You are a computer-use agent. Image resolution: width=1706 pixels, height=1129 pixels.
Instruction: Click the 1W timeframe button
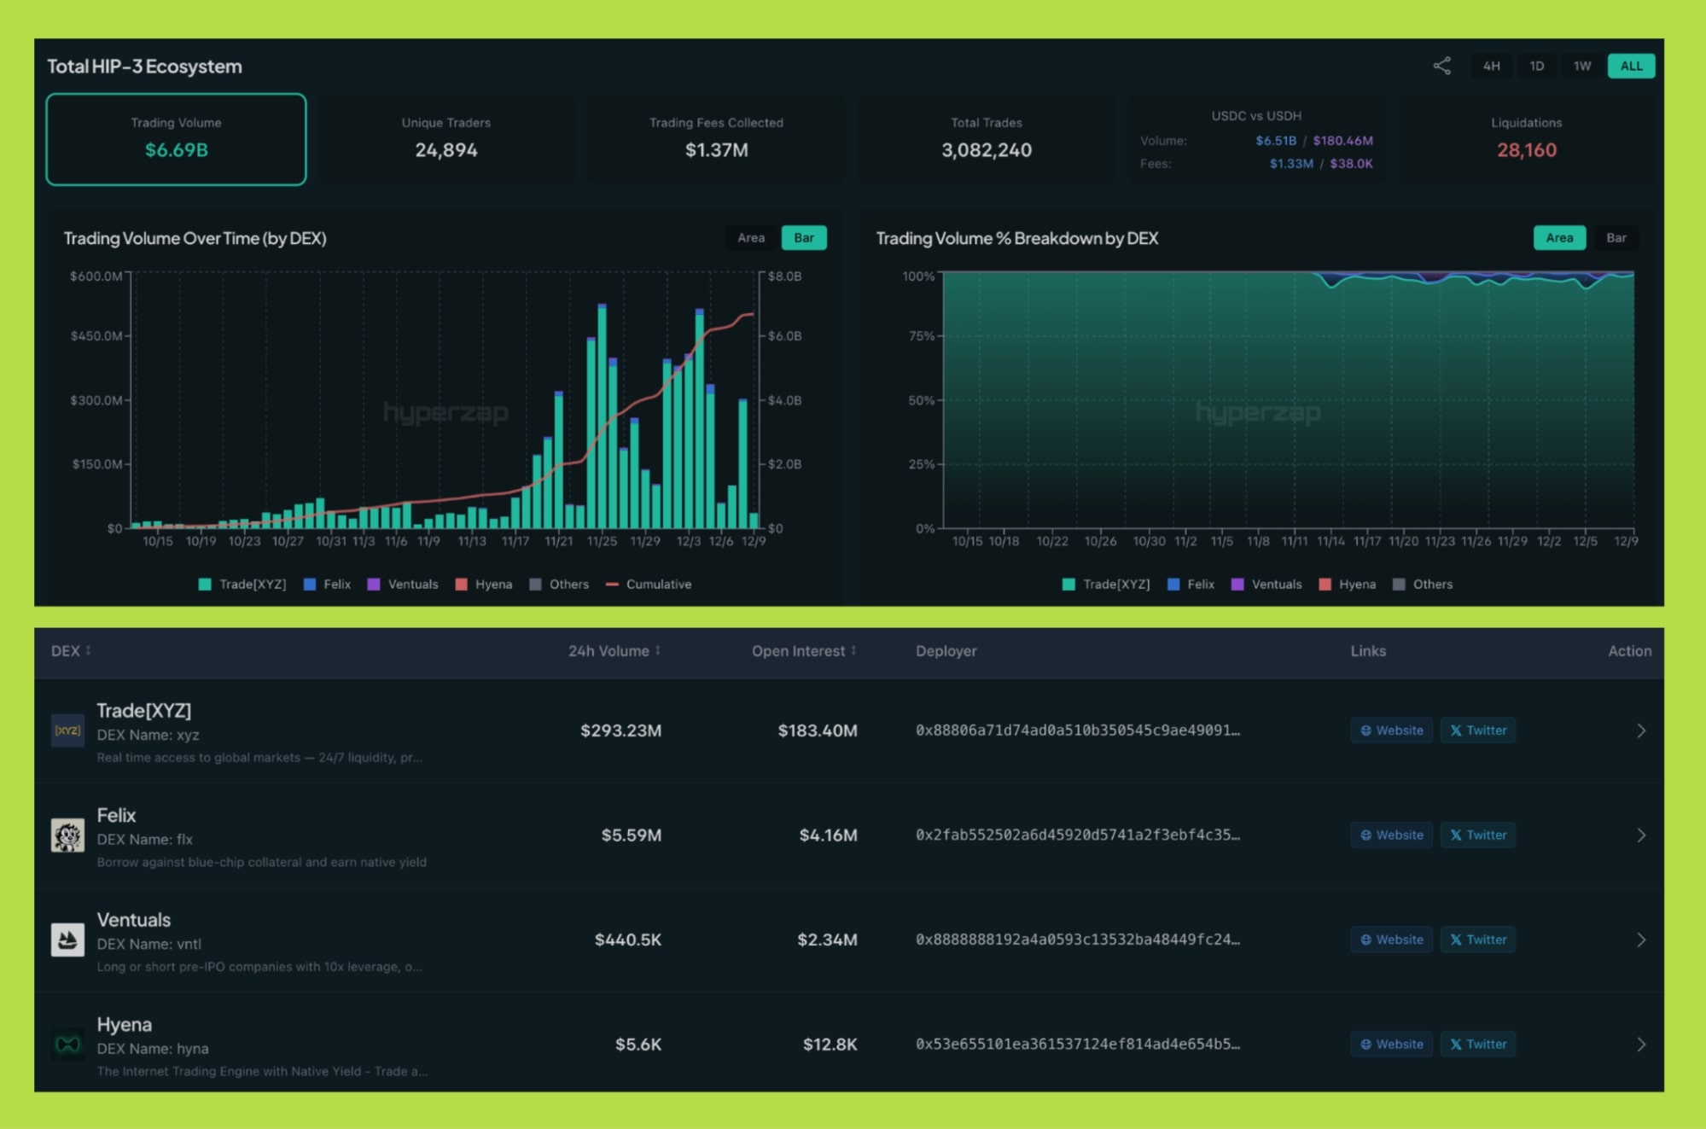click(1581, 67)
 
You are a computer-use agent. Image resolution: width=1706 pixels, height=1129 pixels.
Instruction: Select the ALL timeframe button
click(1630, 67)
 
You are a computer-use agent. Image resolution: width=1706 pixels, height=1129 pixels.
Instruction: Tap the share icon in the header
click(1441, 67)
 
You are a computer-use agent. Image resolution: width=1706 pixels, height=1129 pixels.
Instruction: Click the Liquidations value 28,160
click(1526, 150)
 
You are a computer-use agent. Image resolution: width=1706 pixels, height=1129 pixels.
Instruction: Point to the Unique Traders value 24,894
click(445, 150)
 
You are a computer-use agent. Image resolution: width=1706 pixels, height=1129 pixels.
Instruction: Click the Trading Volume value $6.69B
click(177, 150)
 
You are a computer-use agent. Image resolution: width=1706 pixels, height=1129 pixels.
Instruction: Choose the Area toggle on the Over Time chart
click(751, 238)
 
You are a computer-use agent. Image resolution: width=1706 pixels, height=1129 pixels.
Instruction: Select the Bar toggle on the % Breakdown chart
click(1616, 238)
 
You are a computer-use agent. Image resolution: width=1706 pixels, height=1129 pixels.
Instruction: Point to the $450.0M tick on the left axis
click(96, 336)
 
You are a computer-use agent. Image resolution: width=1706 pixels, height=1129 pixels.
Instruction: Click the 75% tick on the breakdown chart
click(921, 336)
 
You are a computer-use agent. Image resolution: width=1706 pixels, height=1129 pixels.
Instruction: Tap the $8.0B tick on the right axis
click(784, 276)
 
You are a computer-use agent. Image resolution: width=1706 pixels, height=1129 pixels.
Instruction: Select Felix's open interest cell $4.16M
click(828, 835)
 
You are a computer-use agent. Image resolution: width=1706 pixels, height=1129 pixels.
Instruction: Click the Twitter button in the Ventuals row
click(1477, 940)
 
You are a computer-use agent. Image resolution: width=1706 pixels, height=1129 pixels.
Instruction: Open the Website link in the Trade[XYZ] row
click(1391, 730)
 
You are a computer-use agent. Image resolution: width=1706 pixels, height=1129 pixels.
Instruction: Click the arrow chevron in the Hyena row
click(1640, 1045)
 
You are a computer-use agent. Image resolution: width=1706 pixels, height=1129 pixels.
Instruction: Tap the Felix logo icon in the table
click(67, 835)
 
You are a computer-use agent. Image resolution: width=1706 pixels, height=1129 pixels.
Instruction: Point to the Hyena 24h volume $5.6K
click(638, 1045)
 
